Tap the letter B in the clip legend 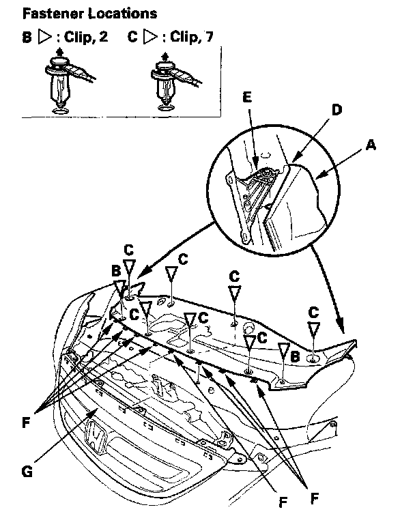pyautogui.click(x=27, y=37)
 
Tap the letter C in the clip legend pyautogui.click(x=132, y=37)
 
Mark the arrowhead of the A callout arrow pyautogui.click(x=319, y=178)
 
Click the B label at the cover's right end pyautogui.click(x=294, y=355)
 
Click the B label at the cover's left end pyautogui.click(x=116, y=271)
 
